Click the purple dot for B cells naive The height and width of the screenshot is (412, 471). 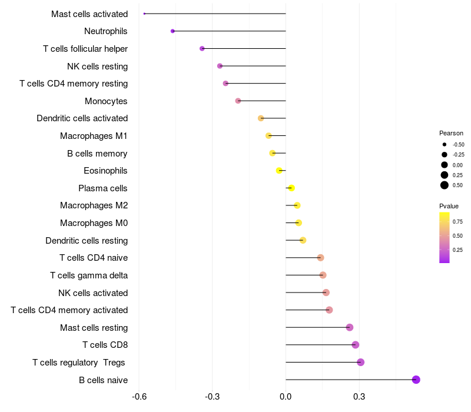point(416,380)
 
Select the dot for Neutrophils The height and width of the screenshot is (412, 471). point(173,31)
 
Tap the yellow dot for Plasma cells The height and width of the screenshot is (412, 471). point(291,188)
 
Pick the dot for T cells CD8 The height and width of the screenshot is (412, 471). point(355,345)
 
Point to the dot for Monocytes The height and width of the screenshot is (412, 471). point(238,101)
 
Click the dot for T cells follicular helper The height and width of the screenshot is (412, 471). point(202,48)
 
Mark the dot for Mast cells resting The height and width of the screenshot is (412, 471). point(350,327)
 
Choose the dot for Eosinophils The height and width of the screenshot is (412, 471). point(280,171)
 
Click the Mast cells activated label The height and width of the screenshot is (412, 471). point(89,14)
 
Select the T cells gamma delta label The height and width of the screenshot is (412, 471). point(89,275)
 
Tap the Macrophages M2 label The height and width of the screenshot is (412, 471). point(94,205)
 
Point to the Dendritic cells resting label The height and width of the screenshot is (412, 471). point(87,241)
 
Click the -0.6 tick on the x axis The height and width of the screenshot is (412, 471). point(139,397)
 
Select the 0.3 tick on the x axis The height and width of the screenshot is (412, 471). point(359,397)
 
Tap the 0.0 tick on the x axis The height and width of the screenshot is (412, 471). point(286,397)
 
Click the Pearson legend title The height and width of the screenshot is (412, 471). point(451,133)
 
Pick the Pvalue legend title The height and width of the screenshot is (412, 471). point(449,206)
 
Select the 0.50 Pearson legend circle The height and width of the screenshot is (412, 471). point(445,185)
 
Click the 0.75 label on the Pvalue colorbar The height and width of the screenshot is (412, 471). point(457,222)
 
